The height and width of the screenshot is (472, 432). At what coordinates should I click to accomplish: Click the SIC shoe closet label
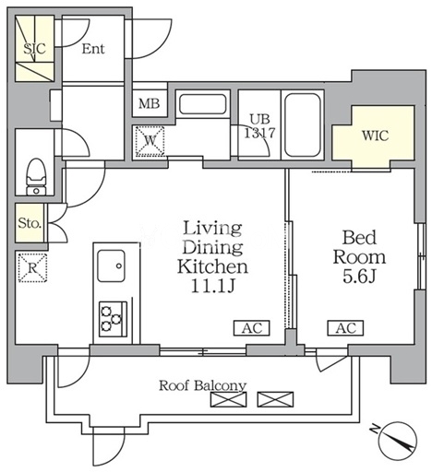[34, 49]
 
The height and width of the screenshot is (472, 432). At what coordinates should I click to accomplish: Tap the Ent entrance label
[93, 49]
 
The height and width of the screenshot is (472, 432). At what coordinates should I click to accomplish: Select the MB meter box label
[150, 103]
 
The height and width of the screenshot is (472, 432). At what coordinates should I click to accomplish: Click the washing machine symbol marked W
[150, 141]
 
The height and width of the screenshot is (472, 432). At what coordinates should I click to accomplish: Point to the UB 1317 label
[259, 126]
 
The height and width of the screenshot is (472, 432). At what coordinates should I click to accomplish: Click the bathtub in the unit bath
[302, 125]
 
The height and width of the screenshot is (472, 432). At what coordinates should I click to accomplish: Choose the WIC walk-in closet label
[375, 136]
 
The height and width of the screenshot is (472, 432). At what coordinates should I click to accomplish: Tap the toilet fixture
[36, 176]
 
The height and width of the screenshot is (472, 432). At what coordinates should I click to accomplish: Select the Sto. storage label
[30, 223]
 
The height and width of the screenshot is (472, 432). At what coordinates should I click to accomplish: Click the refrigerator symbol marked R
[32, 267]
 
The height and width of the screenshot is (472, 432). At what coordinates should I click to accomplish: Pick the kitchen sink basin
[111, 265]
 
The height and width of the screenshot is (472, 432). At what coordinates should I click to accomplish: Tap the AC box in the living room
[252, 328]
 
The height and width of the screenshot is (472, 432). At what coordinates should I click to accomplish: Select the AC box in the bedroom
[345, 328]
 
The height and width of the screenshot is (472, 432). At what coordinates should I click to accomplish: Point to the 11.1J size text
[213, 287]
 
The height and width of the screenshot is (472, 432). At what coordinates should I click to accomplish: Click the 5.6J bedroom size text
[359, 277]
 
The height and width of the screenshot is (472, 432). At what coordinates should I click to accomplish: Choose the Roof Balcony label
[202, 385]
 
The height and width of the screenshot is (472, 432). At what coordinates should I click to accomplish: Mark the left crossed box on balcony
[229, 399]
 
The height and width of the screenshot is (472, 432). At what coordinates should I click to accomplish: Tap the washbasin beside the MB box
[203, 104]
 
